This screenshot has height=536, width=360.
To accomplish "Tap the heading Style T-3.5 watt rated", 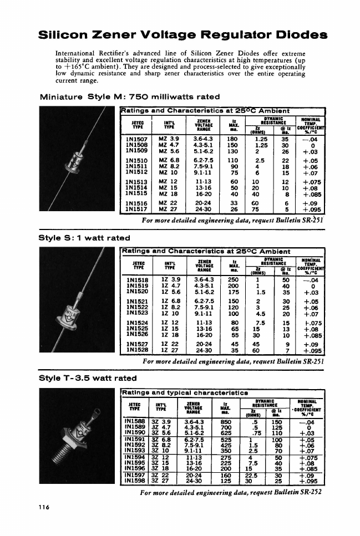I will pos(88,378).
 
